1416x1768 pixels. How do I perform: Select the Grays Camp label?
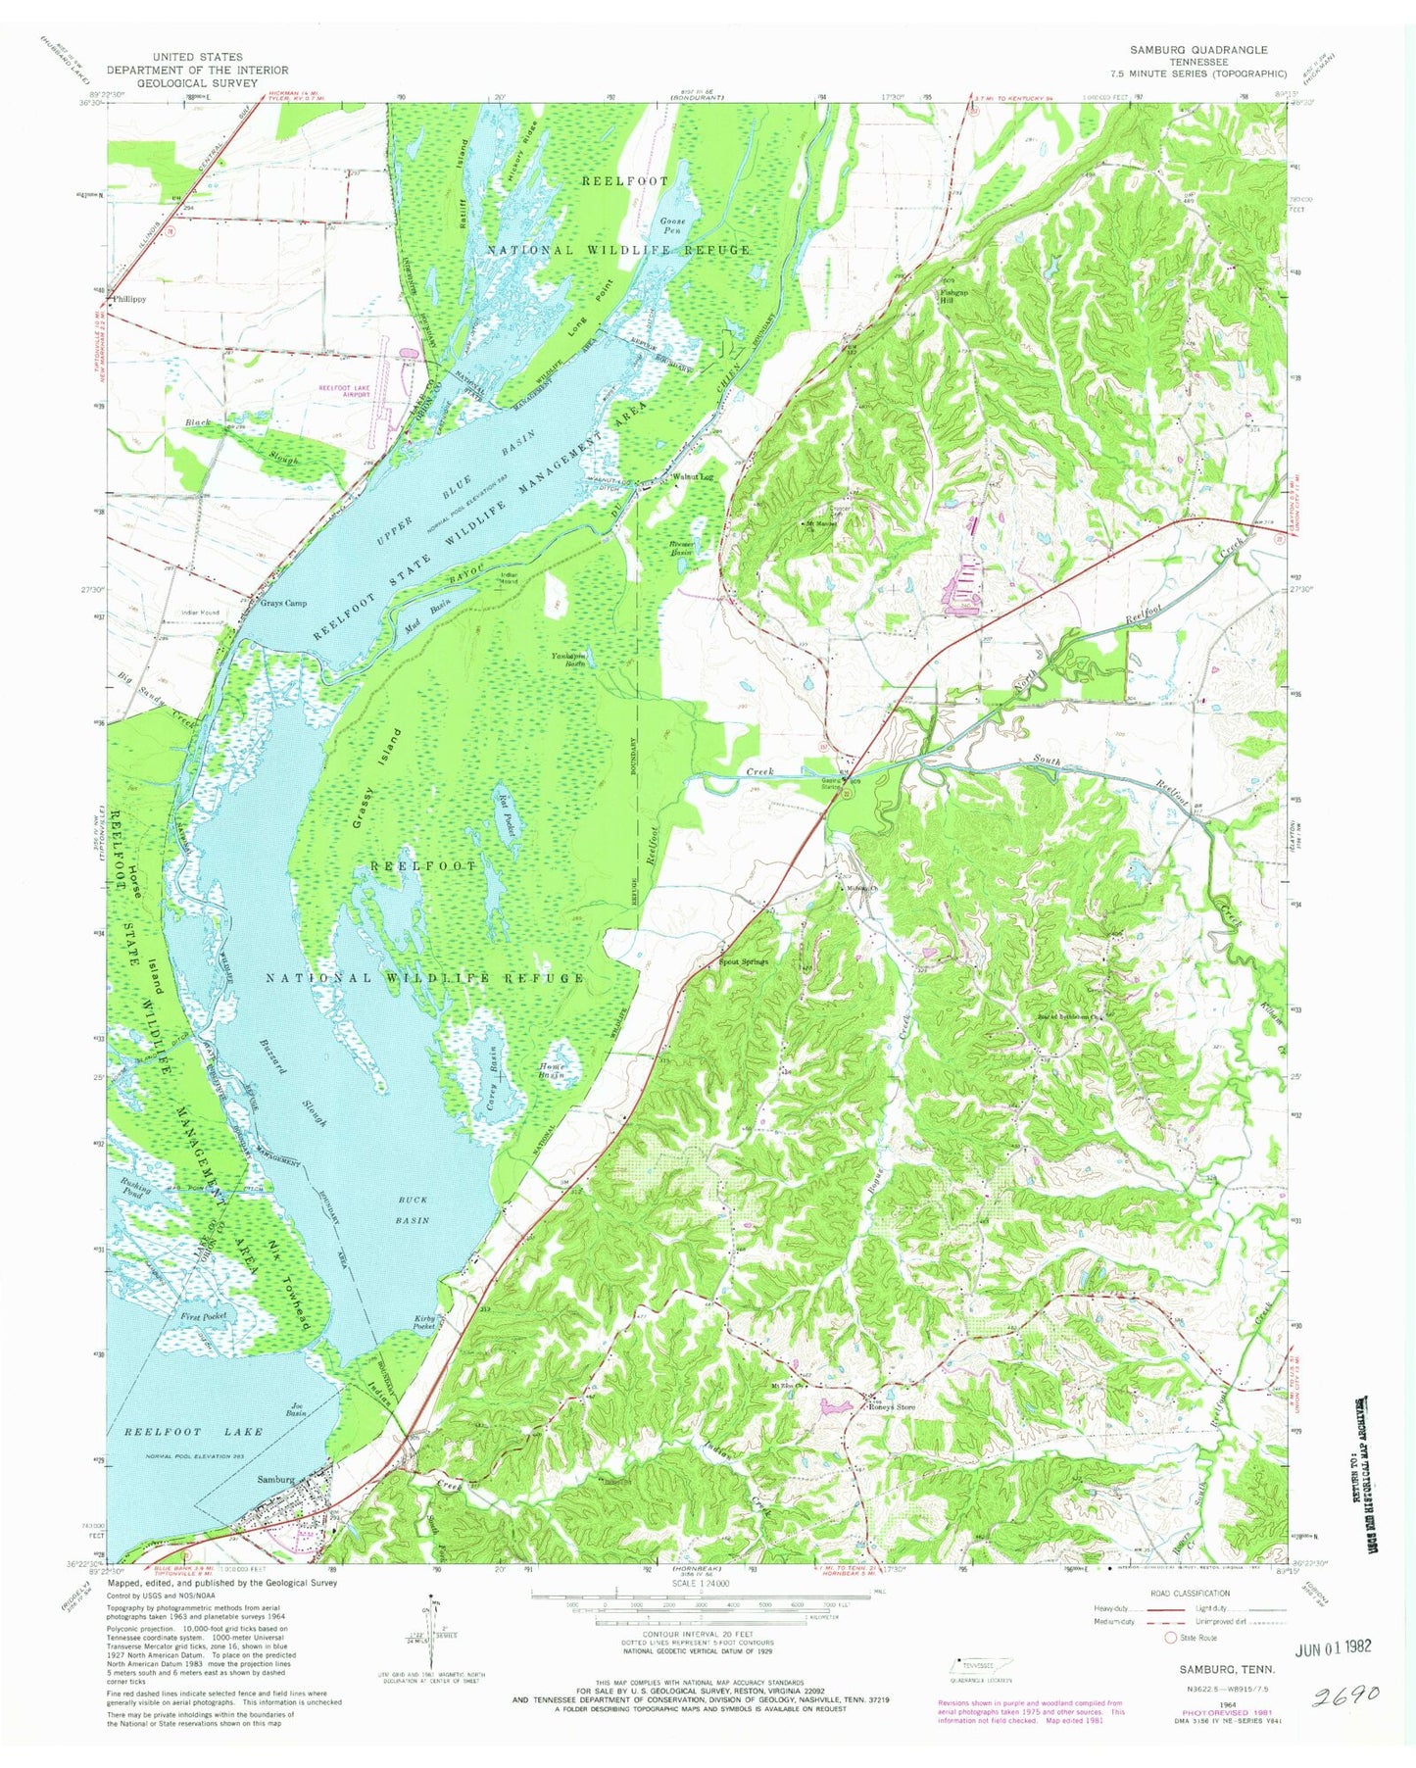[276, 603]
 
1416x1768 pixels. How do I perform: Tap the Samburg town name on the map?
[275, 1479]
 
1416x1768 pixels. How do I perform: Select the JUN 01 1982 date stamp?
[1319, 1647]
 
